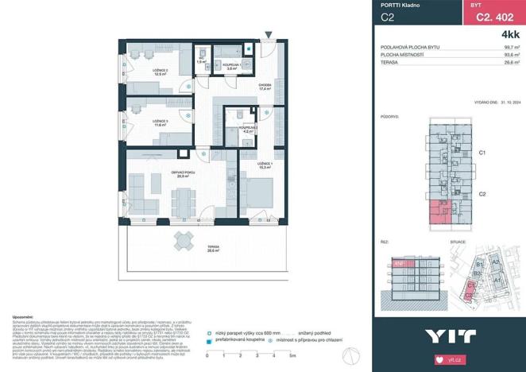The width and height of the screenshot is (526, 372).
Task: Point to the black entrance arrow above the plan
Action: [x=269, y=34]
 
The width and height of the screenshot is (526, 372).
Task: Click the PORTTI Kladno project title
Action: [x=400, y=6]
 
